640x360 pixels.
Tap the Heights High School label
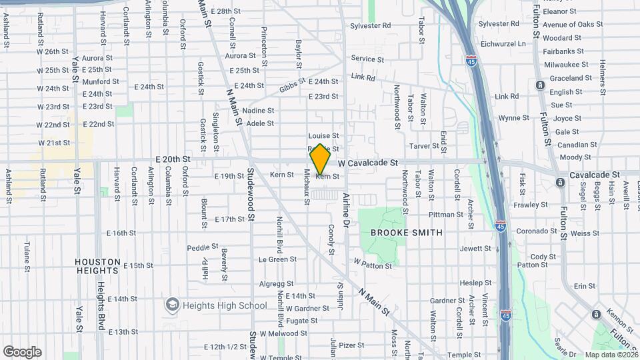[217, 305]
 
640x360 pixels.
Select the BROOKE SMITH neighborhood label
[406, 233]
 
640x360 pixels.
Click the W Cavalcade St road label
[367, 163]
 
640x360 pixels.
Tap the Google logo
[22, 352]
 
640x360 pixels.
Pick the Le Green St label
[277, 259]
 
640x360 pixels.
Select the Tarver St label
[425, 145]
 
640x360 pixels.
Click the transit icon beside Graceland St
[539, 85]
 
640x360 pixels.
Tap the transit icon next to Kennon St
[595, 314]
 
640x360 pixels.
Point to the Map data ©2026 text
[610, 355]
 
